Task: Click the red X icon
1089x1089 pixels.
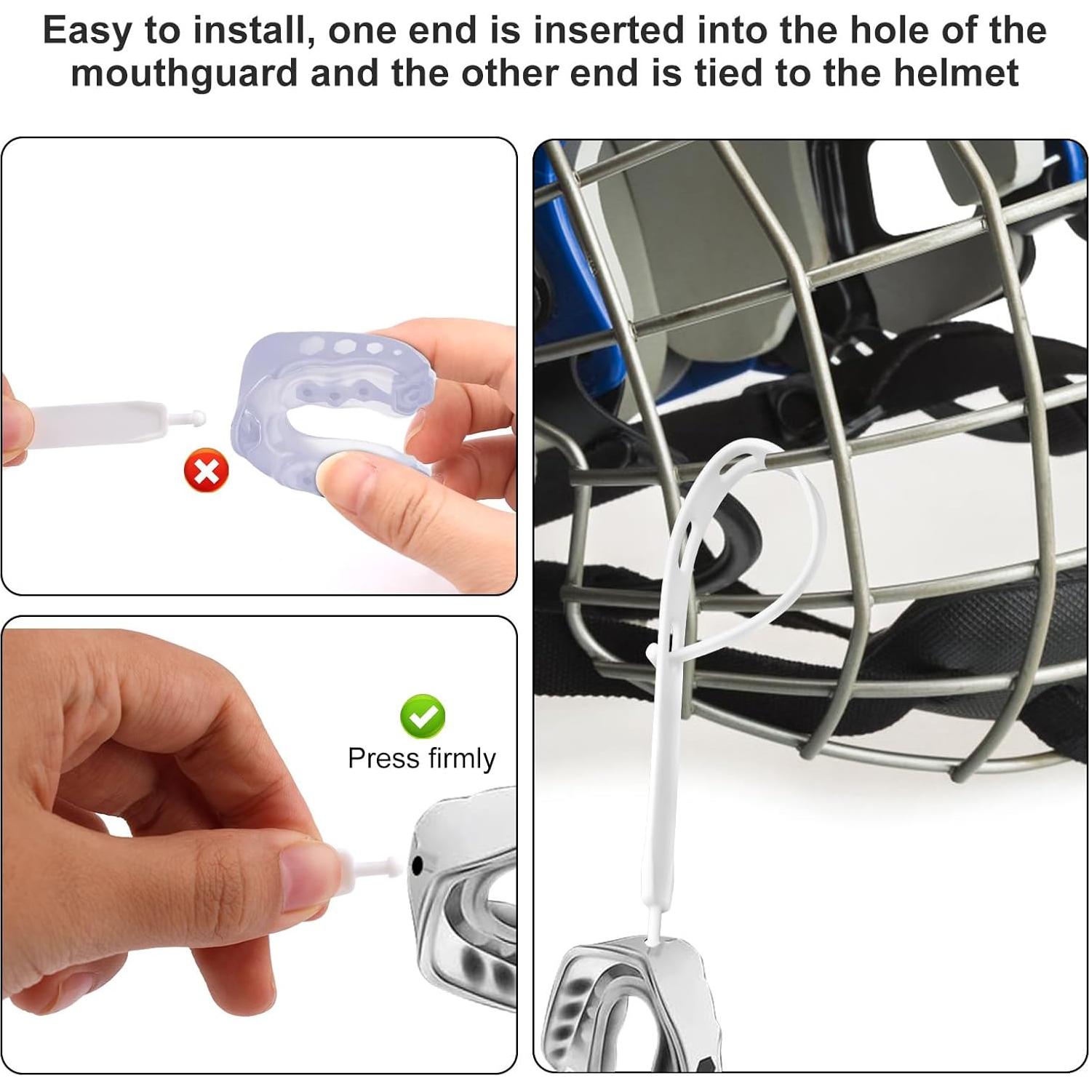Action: tap(207, 471)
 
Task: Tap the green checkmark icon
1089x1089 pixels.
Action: tap(423, 716)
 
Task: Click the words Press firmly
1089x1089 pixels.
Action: tap(421, 758)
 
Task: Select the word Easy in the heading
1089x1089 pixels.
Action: tap(87, 31)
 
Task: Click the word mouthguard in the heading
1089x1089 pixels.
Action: tap(185, 73)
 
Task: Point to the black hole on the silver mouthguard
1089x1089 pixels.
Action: tap(418, 866)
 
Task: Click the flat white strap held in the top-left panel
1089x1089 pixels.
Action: tap(95, 422)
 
